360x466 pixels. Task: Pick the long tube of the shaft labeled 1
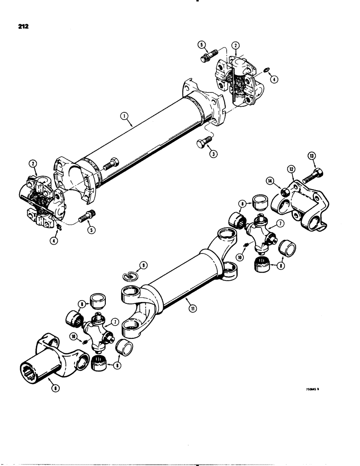point(140,140)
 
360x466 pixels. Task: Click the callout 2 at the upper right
point(237,46)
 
